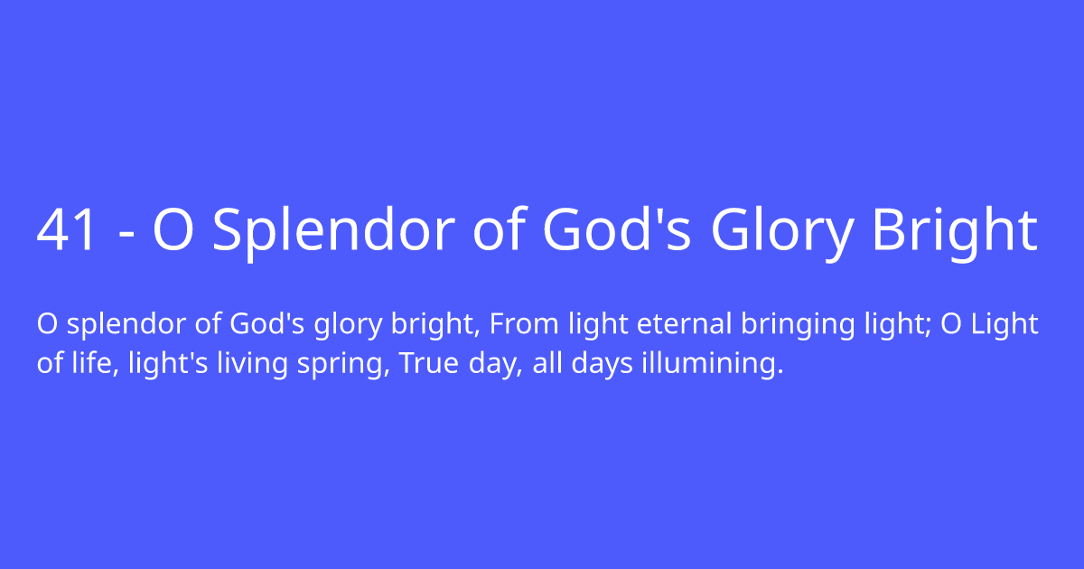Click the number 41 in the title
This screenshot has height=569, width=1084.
point(67,230)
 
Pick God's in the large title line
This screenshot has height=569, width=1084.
point(616,230)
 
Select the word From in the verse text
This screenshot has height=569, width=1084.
point(519,324)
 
